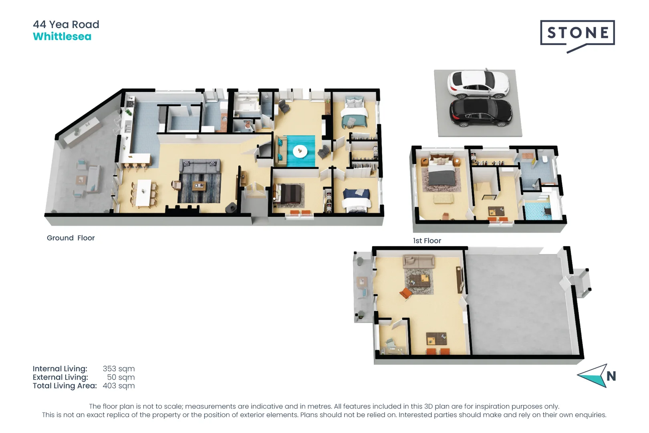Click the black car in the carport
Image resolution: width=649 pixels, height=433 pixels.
pos(481,113)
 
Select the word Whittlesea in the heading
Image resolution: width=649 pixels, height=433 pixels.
pos(62,37)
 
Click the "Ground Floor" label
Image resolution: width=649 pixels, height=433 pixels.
pos(71,238)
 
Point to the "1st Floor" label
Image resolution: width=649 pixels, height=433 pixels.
pos(427,241)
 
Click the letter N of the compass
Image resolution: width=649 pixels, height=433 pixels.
pos(611,376)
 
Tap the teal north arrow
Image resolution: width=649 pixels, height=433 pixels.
pos(593,376)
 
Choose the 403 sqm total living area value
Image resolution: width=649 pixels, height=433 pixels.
pos(119,386)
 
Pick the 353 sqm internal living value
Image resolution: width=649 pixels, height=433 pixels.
pos(119,368)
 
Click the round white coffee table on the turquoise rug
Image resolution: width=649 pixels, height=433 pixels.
pos(300,152)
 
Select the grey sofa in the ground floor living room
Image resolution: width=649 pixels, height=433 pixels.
pos(200,166)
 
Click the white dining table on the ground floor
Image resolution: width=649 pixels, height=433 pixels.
pos(144,193)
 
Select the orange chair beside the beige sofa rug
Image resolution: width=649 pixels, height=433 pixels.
pos(405,293)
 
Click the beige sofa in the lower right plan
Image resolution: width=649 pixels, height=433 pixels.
pos(419,261)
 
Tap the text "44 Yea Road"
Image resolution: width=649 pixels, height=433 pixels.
pos(66,24)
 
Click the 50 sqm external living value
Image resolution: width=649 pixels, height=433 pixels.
pos(121,377)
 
